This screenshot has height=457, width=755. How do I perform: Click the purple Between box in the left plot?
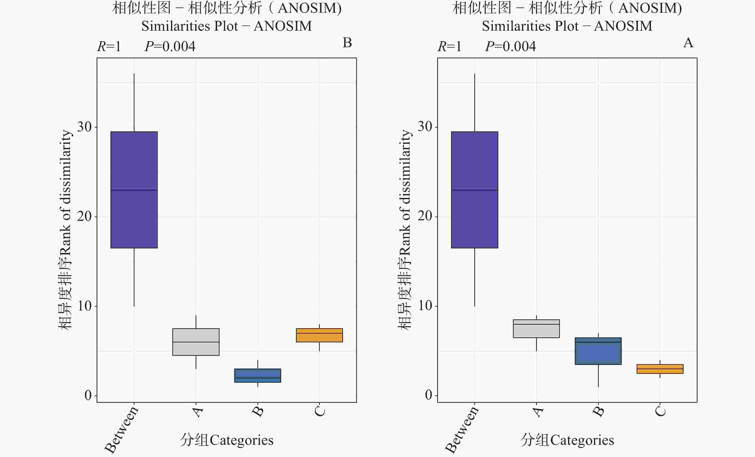[134, 190]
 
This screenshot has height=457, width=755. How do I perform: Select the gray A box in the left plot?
[196, 342]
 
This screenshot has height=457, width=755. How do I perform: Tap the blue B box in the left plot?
[257, 375]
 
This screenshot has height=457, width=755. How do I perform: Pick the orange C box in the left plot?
[319, 335]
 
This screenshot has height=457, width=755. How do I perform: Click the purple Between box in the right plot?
[474, 190]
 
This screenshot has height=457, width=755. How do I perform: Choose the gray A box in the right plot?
[536, 328]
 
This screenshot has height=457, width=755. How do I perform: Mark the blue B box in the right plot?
[598, 351]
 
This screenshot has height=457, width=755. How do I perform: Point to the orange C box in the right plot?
[660, 369]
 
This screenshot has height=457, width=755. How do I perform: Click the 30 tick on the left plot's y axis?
[85, 127]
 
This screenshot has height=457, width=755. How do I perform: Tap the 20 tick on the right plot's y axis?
[425, 217]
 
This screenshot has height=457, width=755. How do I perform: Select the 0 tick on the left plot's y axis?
[88, 395]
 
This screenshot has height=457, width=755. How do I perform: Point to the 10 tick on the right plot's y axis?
[425, 306]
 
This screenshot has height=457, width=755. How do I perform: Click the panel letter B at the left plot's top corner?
[347, 43]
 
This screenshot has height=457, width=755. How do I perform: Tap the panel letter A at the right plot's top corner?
[688, 43]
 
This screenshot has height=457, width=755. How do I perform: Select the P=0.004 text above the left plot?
[170, 47]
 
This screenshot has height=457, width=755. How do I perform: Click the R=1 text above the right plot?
[449, 47]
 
